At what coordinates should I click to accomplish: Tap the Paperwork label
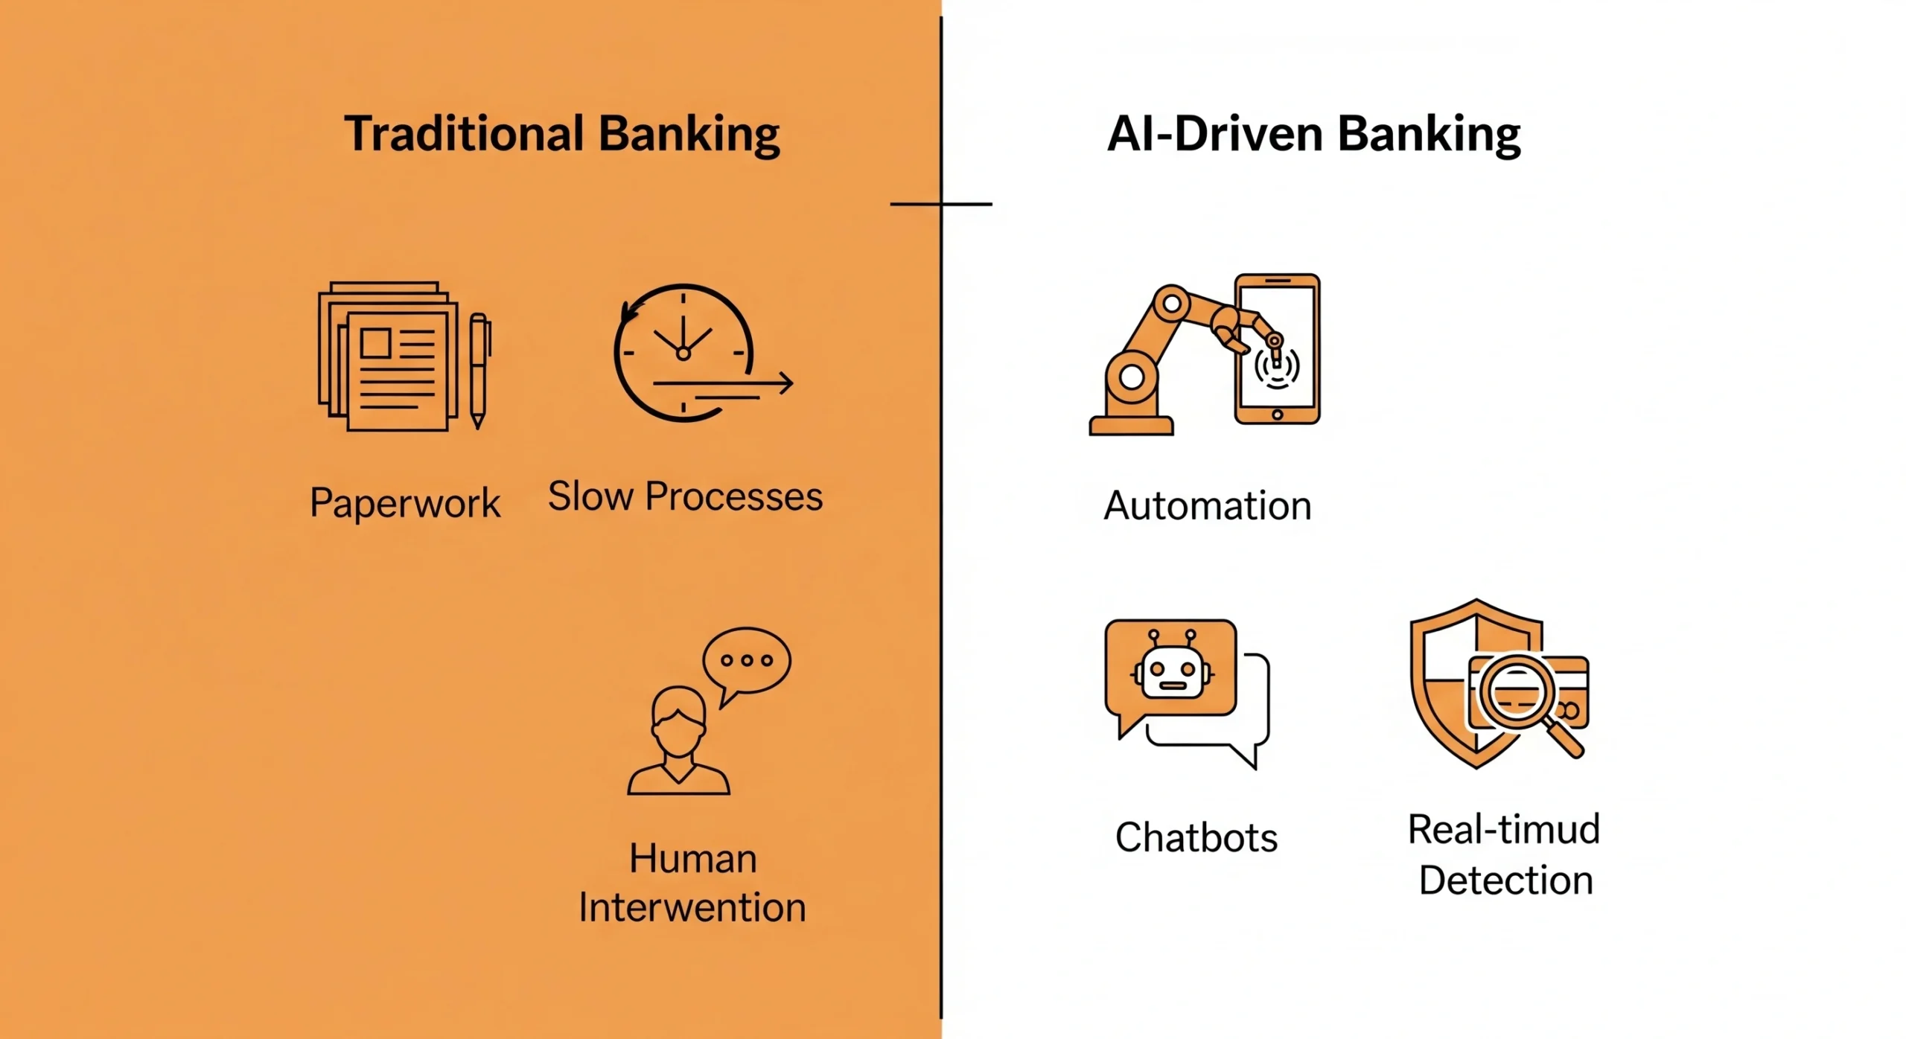[405, 503]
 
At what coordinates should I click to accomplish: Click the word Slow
[590, 496]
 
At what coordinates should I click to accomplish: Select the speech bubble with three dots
[746, 660]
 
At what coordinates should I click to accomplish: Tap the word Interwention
[692, 908]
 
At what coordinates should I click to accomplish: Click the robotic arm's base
[1131, 424]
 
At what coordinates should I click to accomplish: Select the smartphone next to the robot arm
[1278, 349]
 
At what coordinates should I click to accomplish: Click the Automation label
[1207, 506]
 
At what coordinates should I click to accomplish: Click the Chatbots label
[1196, 837]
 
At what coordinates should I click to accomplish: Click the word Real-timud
[1503, 829]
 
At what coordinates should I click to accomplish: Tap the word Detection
[1505, 880]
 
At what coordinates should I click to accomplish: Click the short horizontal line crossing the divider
[941, 203]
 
